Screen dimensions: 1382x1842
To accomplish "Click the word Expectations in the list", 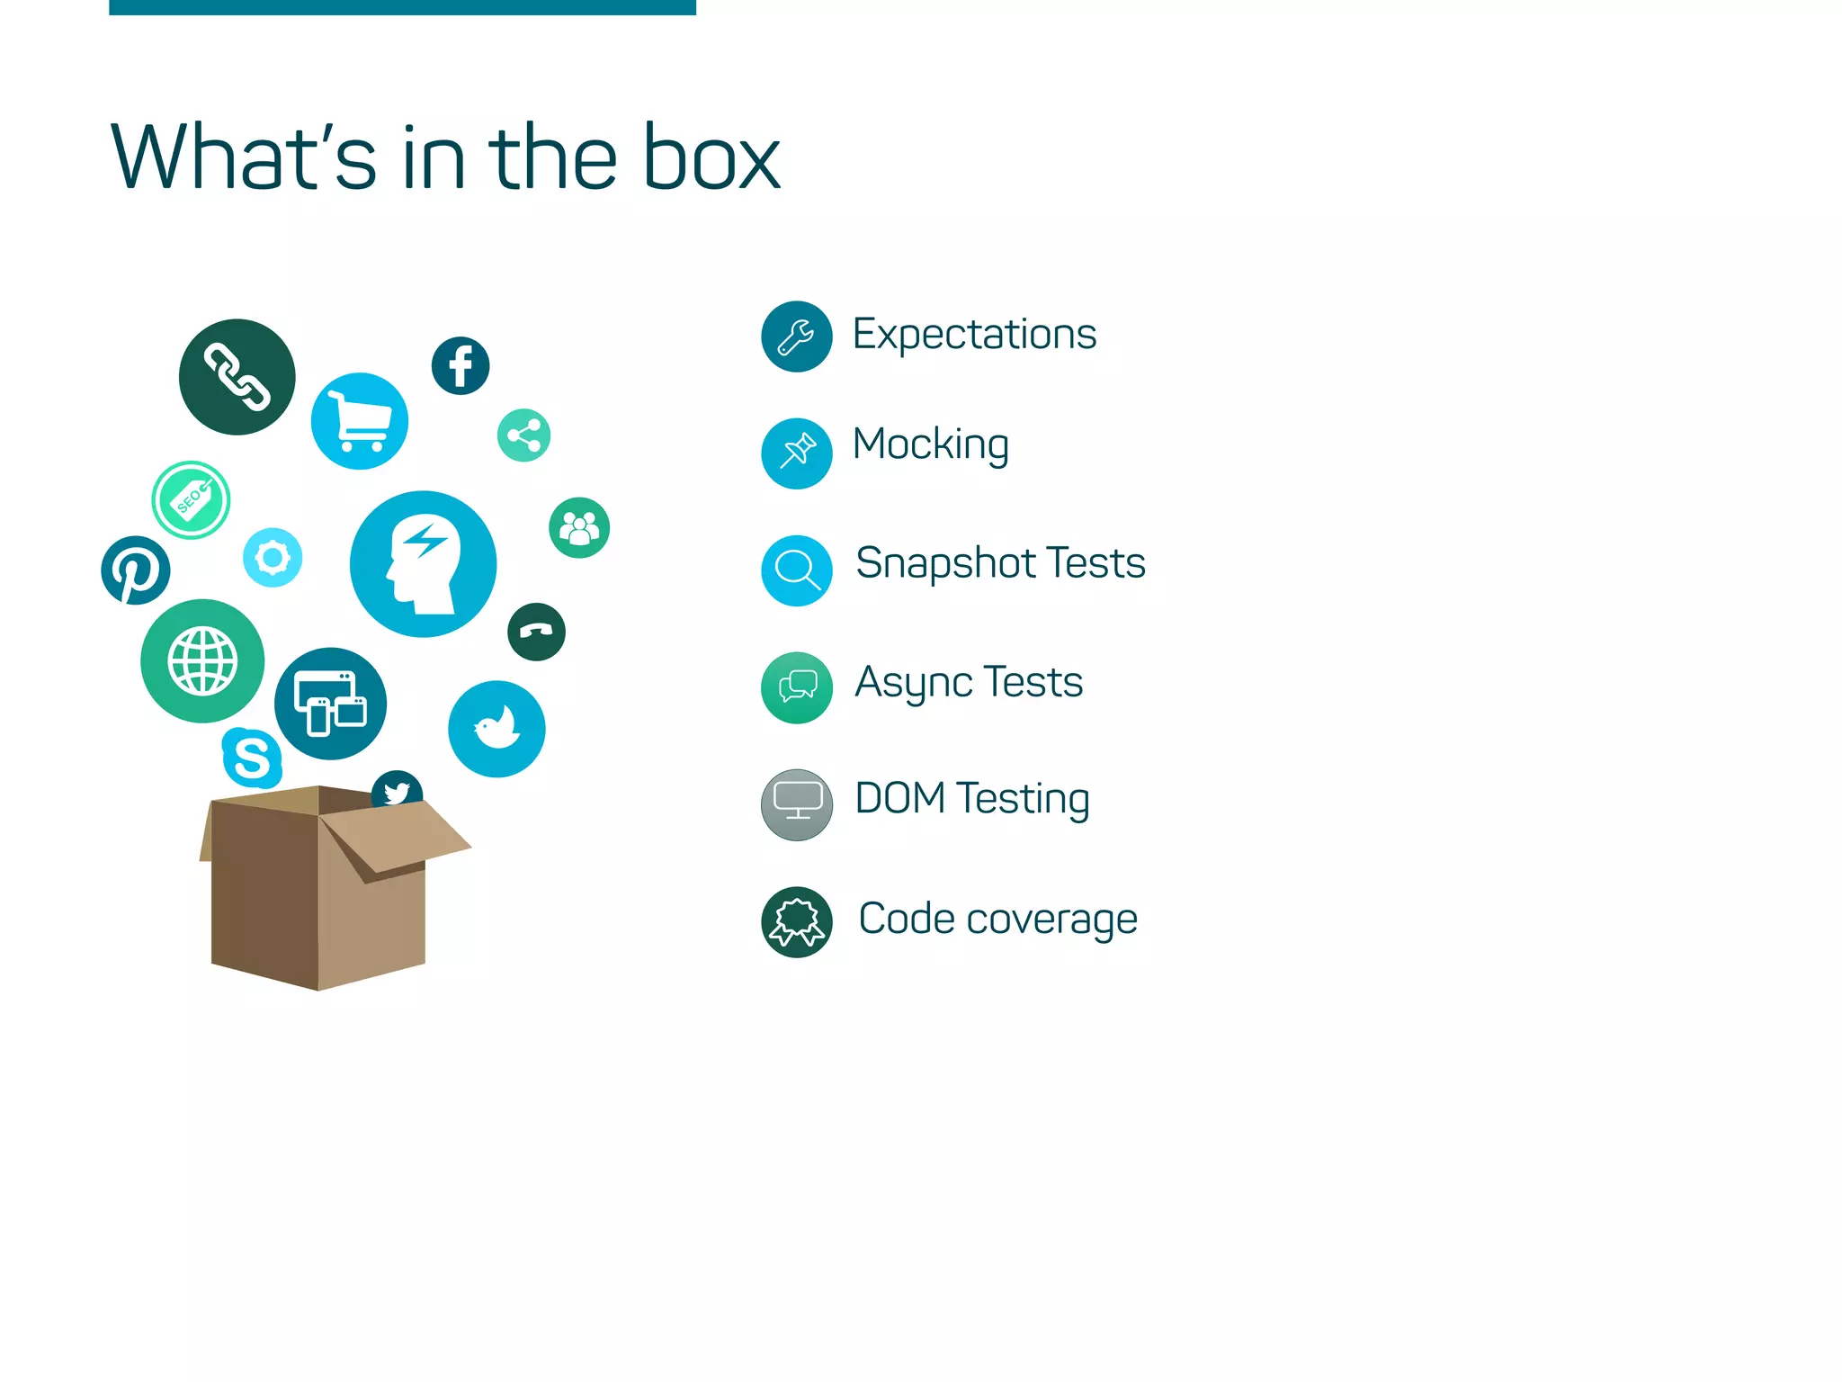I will click(x=974, y=335).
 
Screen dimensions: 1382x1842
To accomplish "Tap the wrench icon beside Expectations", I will click(x=796, y=337).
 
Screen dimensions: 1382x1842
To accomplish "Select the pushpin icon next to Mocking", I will click(x=796, y=453).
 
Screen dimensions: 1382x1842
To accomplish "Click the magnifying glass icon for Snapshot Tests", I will click(x=796, y=570).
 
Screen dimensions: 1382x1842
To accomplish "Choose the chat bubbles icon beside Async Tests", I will click(x=796, y=687).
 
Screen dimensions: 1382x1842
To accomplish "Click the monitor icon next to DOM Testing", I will click(x=796, y=804).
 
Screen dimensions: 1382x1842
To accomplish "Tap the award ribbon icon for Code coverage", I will click(x=796, y=922).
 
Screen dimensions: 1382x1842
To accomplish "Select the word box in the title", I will click(x=711, y=158).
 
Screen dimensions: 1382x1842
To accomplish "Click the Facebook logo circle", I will click(x=460, y=366).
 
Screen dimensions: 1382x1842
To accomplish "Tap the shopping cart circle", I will click(x=360, y=421).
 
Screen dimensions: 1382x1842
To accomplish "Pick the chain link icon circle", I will click(x=237, y=377).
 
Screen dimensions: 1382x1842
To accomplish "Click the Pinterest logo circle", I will click(x=136, y=570).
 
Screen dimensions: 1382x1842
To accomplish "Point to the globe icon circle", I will click(x=202, y=661).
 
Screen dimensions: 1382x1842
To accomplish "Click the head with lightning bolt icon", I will click(x=423, y=564).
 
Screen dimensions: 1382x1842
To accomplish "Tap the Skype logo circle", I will click(x=252, y=758).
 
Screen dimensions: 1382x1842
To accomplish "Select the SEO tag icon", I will click(x=191, y=500).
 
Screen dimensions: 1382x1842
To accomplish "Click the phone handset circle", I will click(x=536, y=632).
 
